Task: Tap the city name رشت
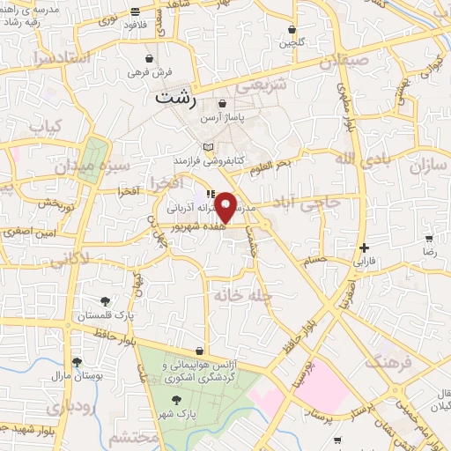[x=174, y=98]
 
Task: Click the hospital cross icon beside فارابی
[x=364, y=248]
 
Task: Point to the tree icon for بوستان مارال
[x=77, y=361]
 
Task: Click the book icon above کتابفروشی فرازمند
[x=208, y=147]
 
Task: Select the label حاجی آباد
[x=320, y=203]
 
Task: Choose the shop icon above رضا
[x=429, y=239]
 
